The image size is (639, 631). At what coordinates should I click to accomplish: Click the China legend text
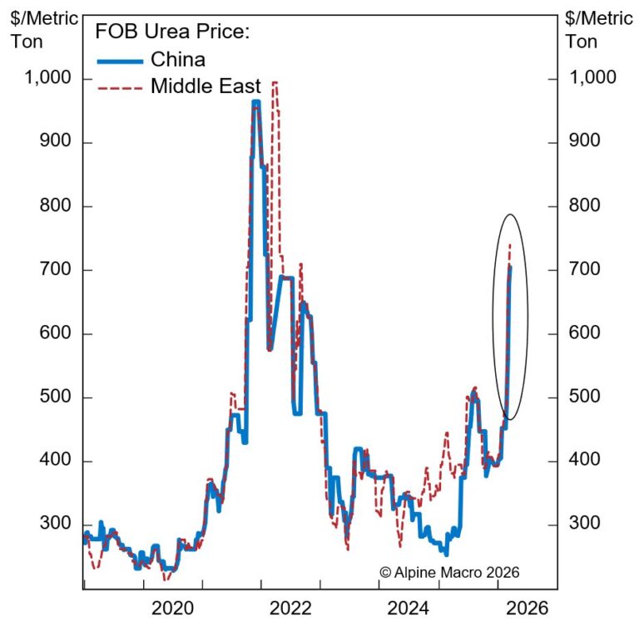pyautogui.click(x=178, y=59)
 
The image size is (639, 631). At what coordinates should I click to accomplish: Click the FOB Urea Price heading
pyautogui.click(x=173, y=32)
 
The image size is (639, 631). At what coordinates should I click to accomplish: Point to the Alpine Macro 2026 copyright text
pyautogui.click(x=449, y=572)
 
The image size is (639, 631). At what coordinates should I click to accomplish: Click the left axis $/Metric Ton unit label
pyautogui.click(x=34, y=29)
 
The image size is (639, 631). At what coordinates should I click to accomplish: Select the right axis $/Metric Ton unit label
pyautogui.click(x=598, y=29)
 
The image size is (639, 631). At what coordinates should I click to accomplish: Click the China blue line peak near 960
pyautogui.click(x=255, y=102)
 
